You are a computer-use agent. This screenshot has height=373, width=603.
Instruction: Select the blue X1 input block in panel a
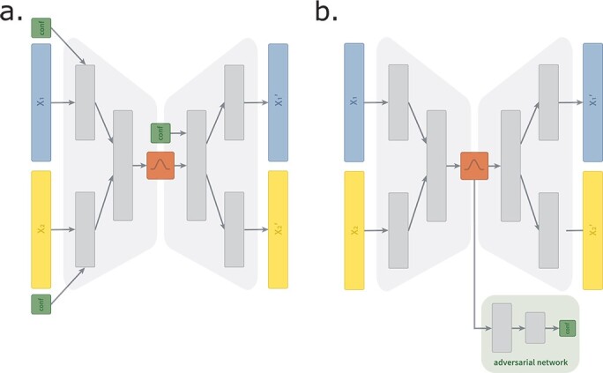[41, 102]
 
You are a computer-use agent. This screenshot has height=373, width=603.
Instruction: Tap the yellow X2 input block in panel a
[41, 230]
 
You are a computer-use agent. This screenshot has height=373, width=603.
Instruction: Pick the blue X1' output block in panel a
[278, 101]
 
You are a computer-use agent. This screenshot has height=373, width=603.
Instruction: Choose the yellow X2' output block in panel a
[278, 230]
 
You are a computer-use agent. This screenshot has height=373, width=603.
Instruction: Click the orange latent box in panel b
[474, 165]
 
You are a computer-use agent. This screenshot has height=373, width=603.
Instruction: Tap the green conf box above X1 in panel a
[41, 28]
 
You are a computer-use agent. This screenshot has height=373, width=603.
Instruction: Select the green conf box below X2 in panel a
[41, 304]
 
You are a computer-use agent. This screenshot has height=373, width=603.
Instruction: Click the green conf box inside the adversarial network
[567, 328]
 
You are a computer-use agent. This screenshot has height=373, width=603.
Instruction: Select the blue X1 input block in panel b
[354, 102]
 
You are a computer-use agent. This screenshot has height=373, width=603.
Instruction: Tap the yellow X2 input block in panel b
[354, 230]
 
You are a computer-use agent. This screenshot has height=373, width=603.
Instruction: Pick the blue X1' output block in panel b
[592, 101]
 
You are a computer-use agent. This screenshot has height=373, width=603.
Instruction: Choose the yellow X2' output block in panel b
[592, 230]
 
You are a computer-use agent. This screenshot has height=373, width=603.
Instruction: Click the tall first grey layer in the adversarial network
[502, 328]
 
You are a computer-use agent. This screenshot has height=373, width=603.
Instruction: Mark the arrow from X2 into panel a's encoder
[63, 230]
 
